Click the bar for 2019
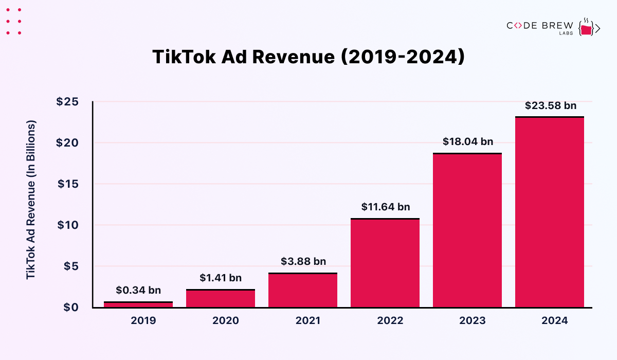138,304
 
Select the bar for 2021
303,291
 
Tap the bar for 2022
385,263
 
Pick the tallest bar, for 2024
550,212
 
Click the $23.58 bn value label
551,106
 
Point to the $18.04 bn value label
468,142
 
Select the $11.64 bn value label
385,207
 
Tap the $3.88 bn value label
303,262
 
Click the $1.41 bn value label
221,278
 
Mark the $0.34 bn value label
138,291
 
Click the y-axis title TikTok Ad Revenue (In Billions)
31,201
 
